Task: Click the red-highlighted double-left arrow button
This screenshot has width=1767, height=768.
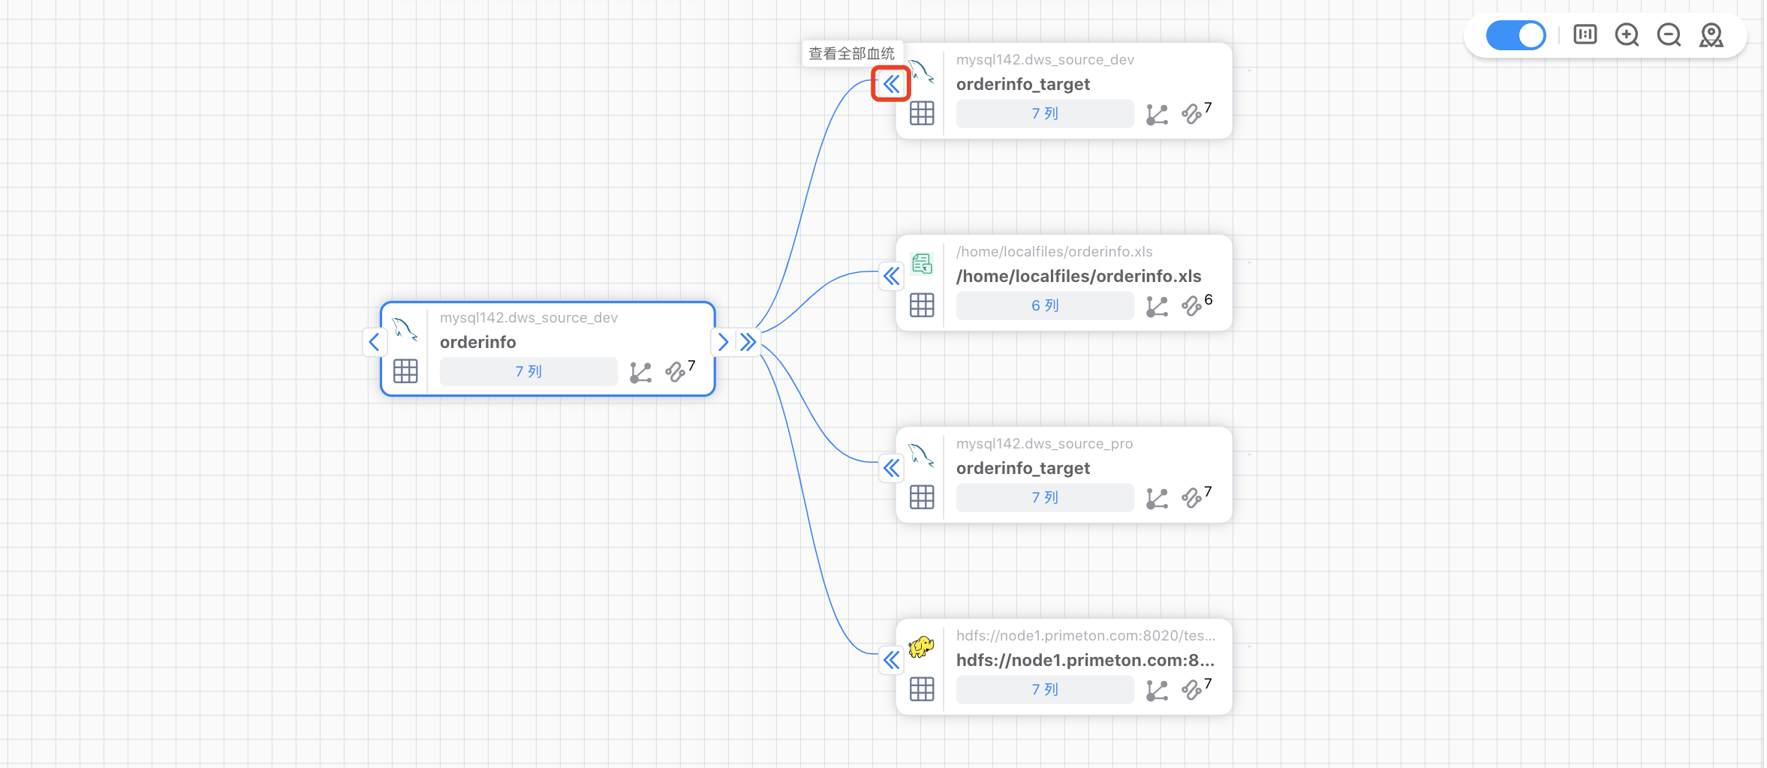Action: (x=891, y=84)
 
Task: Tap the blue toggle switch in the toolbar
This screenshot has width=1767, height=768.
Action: (x=1516, y=35)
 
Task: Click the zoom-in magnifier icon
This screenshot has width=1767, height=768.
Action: (x=1627, y=35)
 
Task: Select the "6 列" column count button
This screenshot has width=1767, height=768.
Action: (x=1044, y=306)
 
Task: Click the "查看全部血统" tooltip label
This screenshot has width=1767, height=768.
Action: (x=851, y=53)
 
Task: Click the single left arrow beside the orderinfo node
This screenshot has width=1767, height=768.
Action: (x=375, y=342)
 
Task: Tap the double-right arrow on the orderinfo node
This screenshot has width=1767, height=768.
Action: (x=748, y=342)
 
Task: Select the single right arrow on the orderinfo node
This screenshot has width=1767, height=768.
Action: (x=723, y=342)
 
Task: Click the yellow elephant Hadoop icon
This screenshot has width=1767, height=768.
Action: (x=921, y=646)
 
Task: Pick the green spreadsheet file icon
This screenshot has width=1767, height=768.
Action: (x=922, y=263)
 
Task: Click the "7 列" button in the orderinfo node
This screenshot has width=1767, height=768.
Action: (x=528, y=372)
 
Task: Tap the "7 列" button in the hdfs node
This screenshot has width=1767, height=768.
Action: (x=1044, y=690)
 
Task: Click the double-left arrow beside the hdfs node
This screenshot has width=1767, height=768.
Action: (x=891, y=660)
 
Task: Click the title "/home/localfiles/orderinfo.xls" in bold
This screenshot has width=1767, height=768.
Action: (x=1079, y=276)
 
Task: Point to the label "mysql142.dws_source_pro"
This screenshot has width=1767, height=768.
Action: (x=1044, y=444)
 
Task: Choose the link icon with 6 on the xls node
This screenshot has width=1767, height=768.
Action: (x=1192, y=306)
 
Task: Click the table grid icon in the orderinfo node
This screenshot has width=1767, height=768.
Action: (x=405, y=371)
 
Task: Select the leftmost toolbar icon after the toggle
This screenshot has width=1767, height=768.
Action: (x=1585, y=35)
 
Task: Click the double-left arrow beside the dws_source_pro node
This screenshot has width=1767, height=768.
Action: (x=891, y=468)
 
